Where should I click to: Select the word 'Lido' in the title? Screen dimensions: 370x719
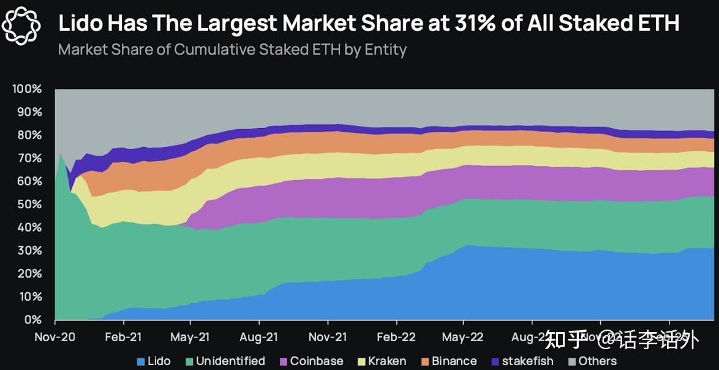80,23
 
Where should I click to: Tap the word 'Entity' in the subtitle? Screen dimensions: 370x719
385,49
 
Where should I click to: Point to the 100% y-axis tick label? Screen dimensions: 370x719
27,89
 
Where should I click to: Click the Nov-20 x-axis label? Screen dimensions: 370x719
55,336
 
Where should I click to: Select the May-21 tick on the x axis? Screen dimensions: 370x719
191,336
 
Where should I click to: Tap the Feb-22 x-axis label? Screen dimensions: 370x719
396,336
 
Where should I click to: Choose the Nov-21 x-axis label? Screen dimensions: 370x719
328,336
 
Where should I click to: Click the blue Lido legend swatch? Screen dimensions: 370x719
140,361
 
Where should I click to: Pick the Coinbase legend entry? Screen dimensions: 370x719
311,361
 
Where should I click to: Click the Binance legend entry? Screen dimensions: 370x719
448,361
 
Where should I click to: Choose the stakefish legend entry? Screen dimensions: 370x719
521,361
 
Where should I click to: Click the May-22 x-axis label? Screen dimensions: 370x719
463,336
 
